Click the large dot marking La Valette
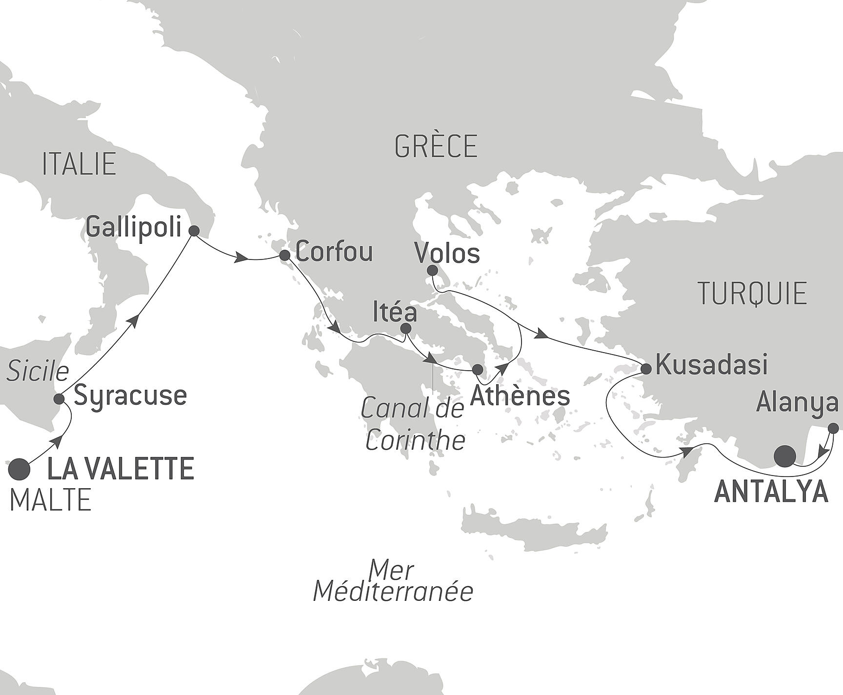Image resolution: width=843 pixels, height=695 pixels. [20, 469]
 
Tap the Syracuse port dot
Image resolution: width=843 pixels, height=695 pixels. [59, 399]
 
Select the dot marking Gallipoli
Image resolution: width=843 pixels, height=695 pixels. [194, 231]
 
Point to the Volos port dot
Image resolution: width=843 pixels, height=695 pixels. [432, 270]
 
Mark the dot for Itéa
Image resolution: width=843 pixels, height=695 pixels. [405, 329]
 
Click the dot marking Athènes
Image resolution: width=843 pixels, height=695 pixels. [478, 369]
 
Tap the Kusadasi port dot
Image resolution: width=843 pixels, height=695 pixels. [645, 369]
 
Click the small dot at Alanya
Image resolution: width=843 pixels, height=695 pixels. [834, 428]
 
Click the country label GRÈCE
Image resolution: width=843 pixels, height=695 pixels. [436, 146]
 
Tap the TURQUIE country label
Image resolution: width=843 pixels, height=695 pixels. [752, 294]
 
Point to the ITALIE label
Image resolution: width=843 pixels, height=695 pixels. [79, 164]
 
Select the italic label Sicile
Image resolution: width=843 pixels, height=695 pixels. [38, 372]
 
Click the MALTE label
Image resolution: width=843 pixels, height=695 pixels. [51, 500]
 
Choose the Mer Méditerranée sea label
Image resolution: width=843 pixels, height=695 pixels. [393, 581]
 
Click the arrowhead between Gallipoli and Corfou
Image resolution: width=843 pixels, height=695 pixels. [240, 258]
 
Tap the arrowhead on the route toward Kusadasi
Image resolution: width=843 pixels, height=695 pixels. [541, 335]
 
